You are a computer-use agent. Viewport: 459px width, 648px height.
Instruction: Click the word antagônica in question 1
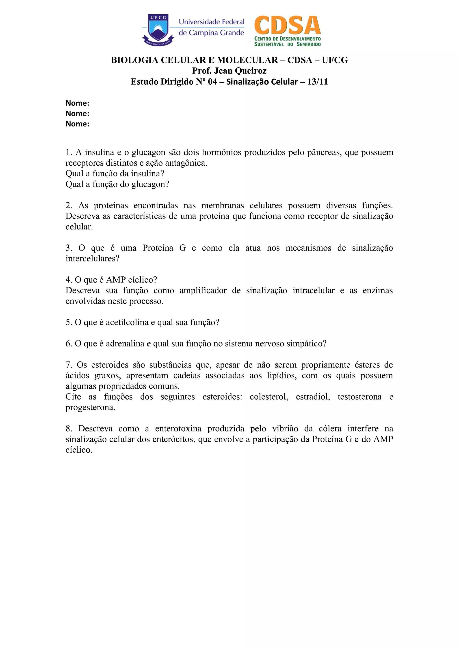pyautogui.click(x=186, y=163)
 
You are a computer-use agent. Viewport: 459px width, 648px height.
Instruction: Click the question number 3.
pyautogui.click(x=68, y=248)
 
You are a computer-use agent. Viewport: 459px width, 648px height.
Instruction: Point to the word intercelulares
pyautogui.click(x=92, y=259)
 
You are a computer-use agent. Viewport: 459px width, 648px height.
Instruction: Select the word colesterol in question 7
pyautogui.click(x=269, y=397)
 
